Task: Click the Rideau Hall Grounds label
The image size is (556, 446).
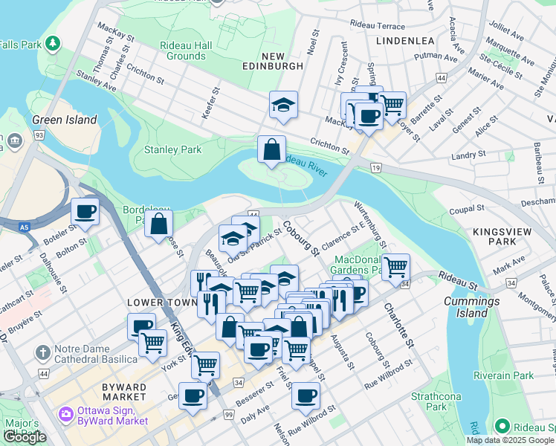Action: pos(187,51)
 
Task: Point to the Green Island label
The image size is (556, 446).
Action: pos(65,120)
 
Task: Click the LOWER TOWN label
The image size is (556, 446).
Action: pos(155,303)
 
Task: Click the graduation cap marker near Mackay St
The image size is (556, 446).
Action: pos(283,106)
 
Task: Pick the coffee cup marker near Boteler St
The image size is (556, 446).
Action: pos(85,212)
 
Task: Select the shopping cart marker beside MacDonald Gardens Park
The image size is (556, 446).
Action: pos(395,265)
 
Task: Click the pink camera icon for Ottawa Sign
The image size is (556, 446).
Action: pos(65,413)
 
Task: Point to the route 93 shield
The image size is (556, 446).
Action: pos(38,135)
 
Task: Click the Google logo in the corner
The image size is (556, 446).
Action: pos(25,437)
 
